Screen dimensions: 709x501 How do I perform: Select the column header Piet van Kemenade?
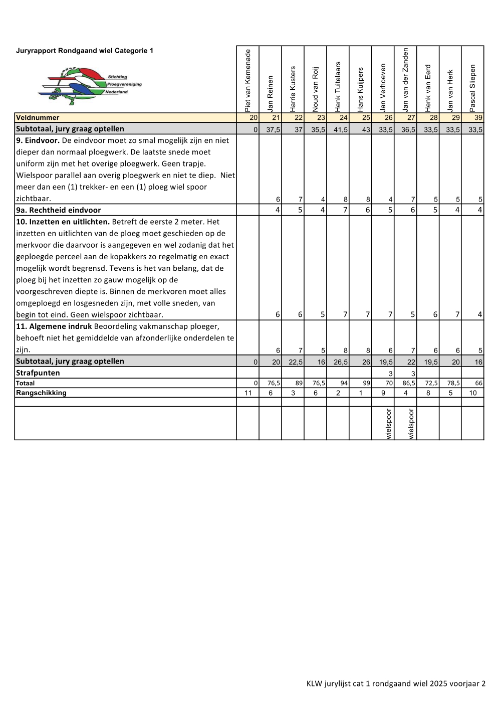coord(247,80)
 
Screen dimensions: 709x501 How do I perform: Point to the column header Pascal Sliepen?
coord(473,88)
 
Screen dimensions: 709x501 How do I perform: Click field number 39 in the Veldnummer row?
coord(478,118)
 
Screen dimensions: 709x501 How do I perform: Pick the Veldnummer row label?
coord(38,118)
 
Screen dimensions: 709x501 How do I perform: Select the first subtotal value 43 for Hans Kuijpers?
coord(366,130)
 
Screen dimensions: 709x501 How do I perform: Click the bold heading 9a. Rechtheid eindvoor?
coord(58,210)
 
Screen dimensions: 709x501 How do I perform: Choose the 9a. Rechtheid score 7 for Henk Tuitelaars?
coord(345,210)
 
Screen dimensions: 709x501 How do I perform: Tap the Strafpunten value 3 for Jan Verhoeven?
coord(390,374)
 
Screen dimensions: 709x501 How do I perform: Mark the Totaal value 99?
coord(366,384)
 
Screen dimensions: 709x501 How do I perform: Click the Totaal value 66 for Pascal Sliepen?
coord(478,384)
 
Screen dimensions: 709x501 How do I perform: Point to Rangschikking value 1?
coord(361,393)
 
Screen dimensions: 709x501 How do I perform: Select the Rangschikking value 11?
coord(248,393)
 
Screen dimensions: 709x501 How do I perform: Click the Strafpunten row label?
coord(38,373)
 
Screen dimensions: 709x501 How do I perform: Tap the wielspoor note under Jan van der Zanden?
coord(411,424)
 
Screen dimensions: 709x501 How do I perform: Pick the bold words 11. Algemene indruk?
coord(54,326)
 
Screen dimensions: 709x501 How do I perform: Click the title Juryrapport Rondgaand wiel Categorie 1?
coord(85,51)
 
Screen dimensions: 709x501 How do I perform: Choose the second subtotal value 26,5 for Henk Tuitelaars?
coord(341,362)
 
